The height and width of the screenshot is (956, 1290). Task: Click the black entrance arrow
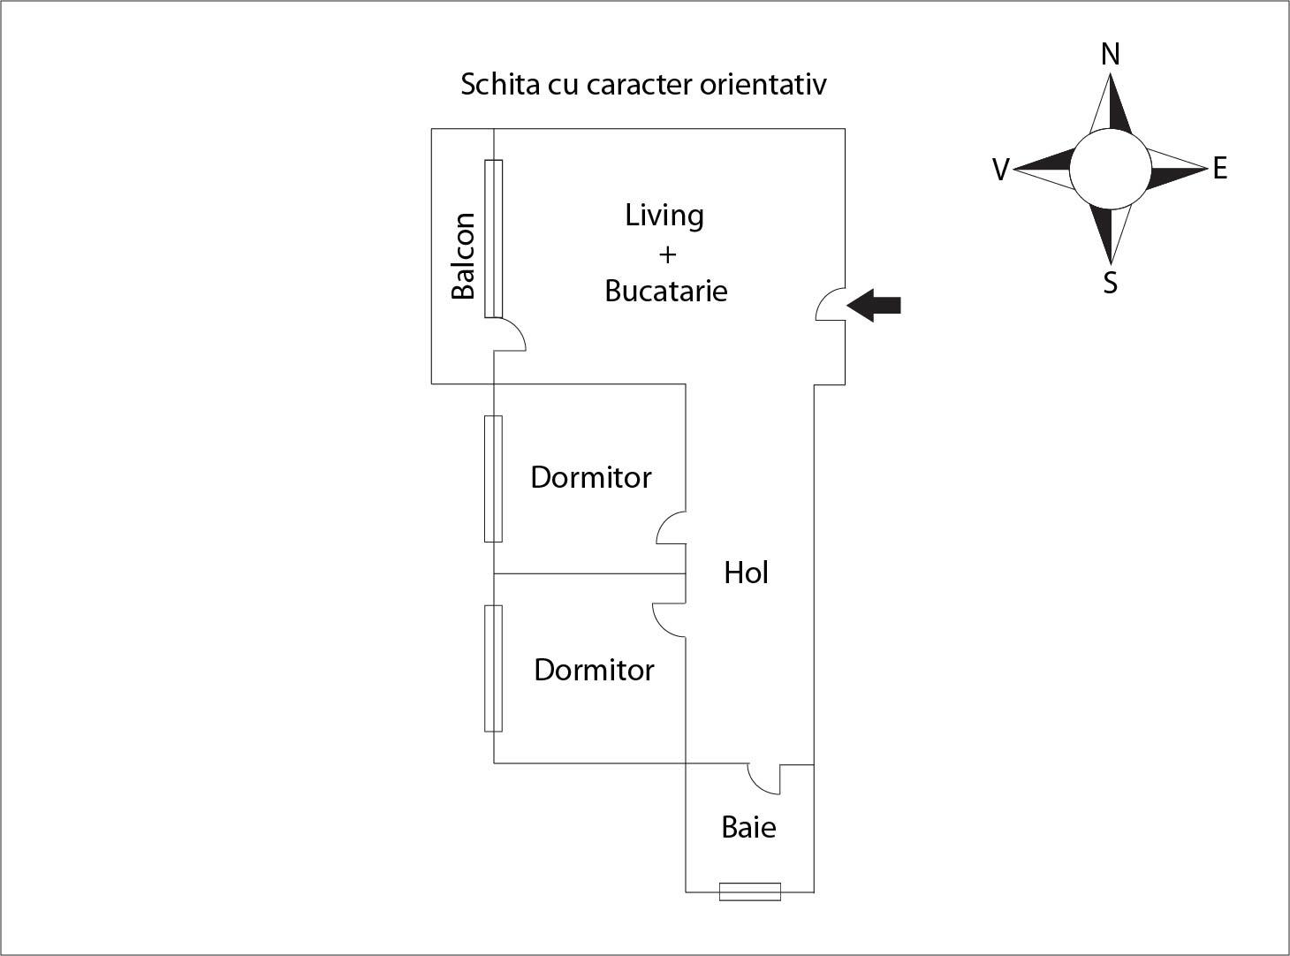coord(875,306)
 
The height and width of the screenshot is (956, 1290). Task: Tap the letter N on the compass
coord(1111,55)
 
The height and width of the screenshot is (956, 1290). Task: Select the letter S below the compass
coord(1111,283)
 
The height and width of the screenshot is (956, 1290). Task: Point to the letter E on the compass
coord(1220,168)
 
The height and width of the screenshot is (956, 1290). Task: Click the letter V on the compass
coord(1000,170)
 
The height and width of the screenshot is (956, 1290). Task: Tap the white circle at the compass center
coord(1111,169)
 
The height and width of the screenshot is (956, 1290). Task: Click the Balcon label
coord(463,256)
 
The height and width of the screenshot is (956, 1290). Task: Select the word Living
coord(664,216)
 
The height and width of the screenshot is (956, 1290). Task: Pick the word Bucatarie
coord(666,291)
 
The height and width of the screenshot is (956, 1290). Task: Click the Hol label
coord(746,573)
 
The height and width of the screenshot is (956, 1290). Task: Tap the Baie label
coord(748,828)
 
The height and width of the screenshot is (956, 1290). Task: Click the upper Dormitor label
coord(590,477)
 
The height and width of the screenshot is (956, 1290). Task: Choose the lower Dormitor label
coord(594,670)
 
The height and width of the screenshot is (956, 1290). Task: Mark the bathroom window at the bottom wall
coord(749,892)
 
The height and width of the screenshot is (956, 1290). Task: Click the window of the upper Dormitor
coord(493,478)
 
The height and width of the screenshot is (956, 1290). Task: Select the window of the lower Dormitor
coord(493,668)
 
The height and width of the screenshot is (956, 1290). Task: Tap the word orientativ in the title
coord(763,85)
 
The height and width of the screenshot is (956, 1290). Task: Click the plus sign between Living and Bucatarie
coord(667,254)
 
